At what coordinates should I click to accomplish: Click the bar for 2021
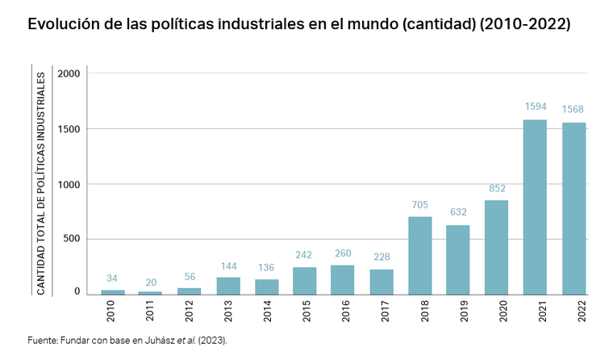[535, 207]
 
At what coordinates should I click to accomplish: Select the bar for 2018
[420, 255]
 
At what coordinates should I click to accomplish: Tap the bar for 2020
[496, 247]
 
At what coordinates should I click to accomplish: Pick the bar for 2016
[342, 279]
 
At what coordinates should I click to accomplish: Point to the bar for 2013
[228, 286]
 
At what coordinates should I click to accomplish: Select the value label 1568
[573, 110]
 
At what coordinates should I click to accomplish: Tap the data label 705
[420, 204]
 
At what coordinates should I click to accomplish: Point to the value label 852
[496, 188]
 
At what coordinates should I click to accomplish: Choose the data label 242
[304, 254]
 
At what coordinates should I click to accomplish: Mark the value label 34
[113, 278]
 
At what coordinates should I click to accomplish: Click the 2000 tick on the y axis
[70, 73]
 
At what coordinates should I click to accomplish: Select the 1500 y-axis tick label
[70, 129]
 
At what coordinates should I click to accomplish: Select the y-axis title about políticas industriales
[41, 183]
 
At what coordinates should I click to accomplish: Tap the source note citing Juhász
[127, 341]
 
